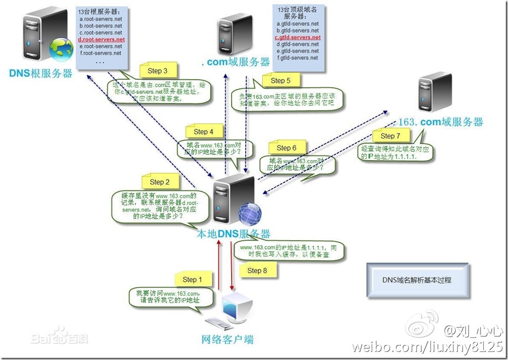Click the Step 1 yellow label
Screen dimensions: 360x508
pos(190,279)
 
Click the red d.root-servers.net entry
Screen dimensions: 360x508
pos(101,39)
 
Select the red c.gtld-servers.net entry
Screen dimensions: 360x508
pos(297,38)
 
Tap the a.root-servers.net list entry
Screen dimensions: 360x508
pos(100,19)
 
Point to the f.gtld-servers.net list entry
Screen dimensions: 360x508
pos(297,58)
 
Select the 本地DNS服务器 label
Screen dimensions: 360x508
pos(233,234)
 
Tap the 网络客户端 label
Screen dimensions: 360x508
pos(227,340)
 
